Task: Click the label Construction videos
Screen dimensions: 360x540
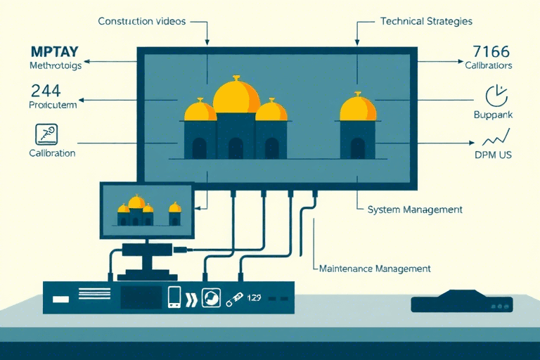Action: coord(141,21)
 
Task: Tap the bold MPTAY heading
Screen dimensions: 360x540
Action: coord(55,51)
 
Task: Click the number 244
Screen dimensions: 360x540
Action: coord(46,90)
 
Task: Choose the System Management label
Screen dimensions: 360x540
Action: coord(415,210)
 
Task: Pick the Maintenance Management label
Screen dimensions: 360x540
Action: coord(375,269)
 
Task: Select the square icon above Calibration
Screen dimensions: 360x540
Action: coord(46,134)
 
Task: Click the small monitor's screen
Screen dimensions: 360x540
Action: coord(146,209)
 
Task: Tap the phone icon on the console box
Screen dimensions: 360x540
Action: coord(174,297)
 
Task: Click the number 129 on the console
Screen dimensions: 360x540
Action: coord(253,297)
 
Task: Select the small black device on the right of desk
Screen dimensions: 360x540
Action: coord(461,303)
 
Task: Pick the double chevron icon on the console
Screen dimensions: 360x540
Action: coord(191,297)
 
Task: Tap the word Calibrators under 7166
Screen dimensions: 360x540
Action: coord(488,65)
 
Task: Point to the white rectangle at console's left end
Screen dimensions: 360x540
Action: coord(60,298)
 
